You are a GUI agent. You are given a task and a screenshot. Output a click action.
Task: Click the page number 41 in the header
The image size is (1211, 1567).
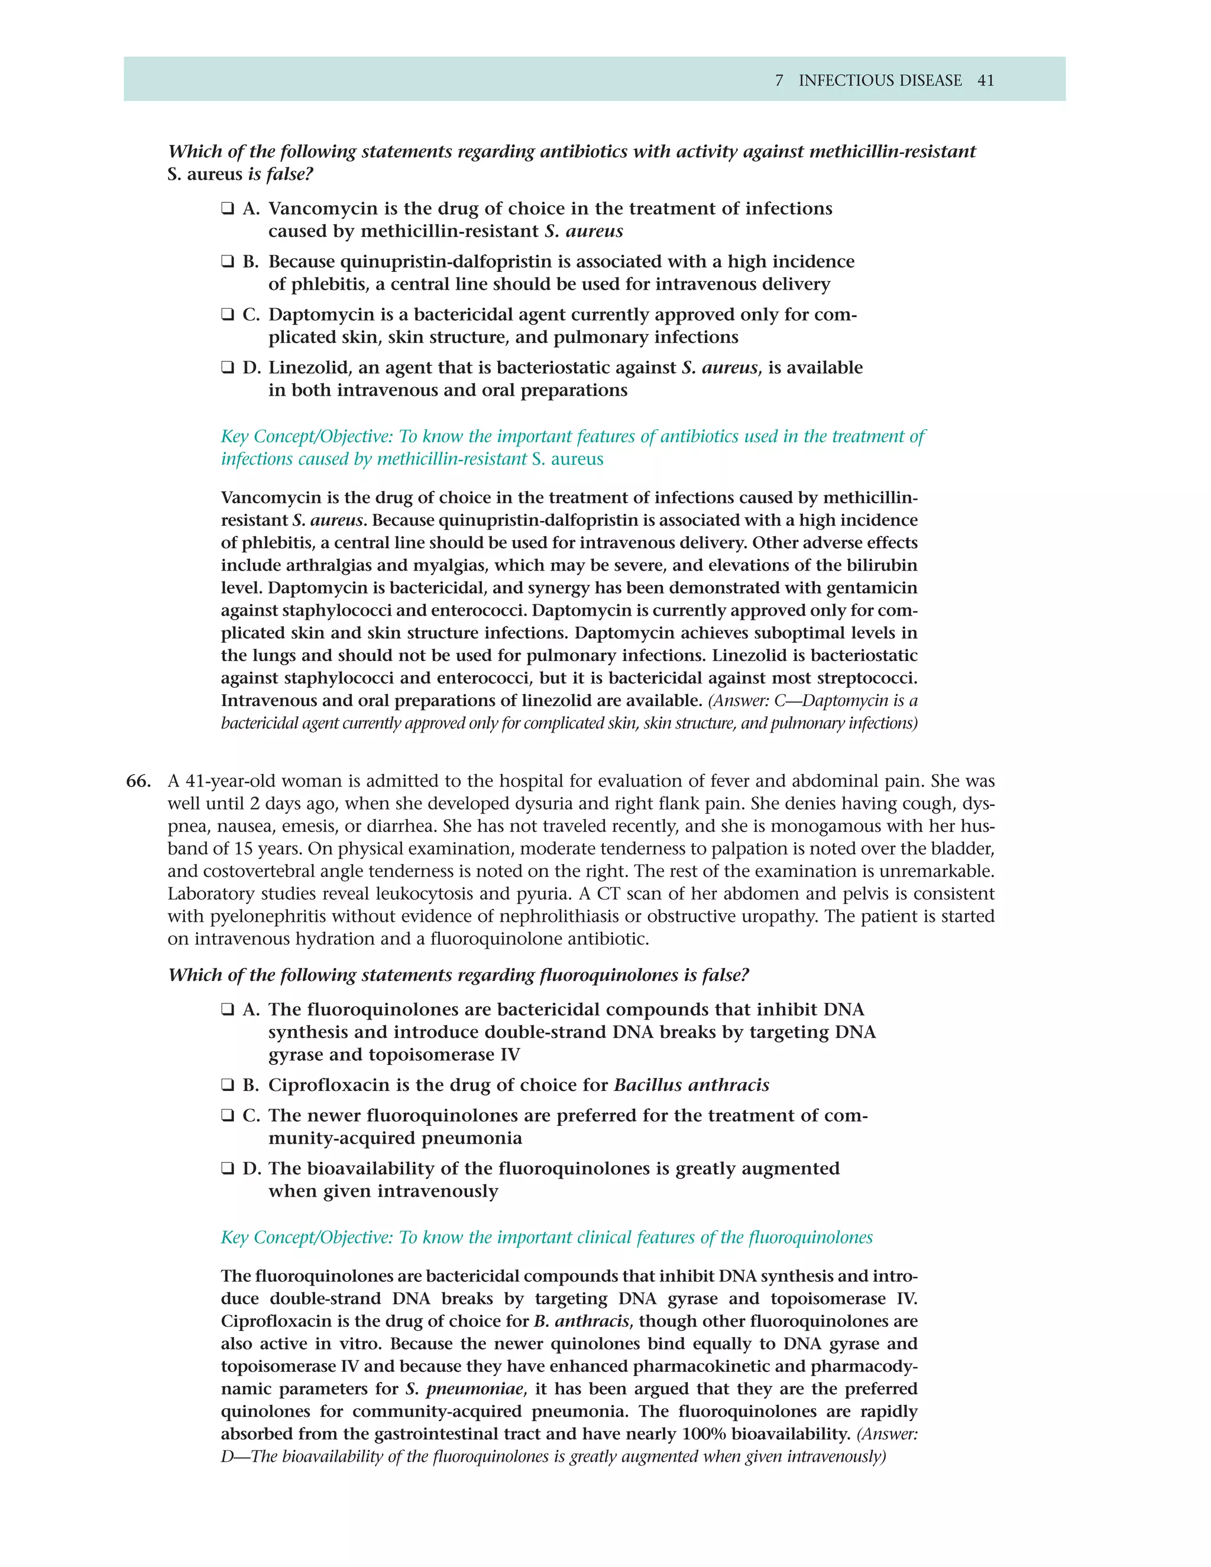click(x=986, y=80)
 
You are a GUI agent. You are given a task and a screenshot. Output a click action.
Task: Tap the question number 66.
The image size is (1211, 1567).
click(x=138, y=781)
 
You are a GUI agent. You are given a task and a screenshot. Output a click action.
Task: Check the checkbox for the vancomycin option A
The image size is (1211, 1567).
click(x=228, y=209)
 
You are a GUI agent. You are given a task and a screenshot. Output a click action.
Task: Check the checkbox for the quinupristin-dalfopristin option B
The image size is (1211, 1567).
click(x=228, y=262)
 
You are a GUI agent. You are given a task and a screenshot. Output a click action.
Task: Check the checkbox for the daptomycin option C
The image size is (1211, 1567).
click(x=228, y=315)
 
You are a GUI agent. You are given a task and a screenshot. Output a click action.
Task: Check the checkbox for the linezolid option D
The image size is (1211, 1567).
click(x=228, y=368)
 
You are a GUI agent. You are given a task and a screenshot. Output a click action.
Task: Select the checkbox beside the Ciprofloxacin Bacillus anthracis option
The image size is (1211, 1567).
click(x=228, y=1085)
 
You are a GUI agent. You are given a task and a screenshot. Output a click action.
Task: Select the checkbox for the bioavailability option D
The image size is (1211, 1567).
click(x=228, y=1169)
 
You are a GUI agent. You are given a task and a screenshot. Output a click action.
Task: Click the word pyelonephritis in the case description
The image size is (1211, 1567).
click(x=259, y=916)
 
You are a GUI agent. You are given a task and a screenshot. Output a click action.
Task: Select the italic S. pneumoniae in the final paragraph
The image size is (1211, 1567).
click(x=464, y=1388)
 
